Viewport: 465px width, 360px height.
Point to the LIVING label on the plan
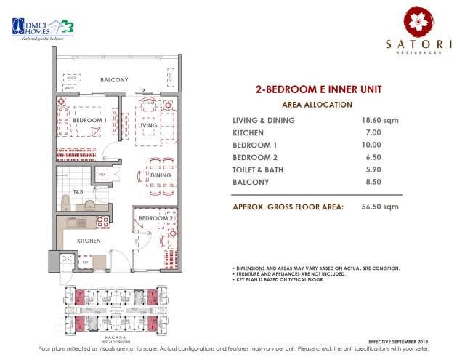pos(148,126)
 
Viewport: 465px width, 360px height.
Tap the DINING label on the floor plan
pos(161,175)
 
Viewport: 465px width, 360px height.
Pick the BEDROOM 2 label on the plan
pos(155,218)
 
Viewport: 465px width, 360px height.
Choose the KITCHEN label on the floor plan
pos(89,240)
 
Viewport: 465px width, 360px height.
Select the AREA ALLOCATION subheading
pos(318,105)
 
